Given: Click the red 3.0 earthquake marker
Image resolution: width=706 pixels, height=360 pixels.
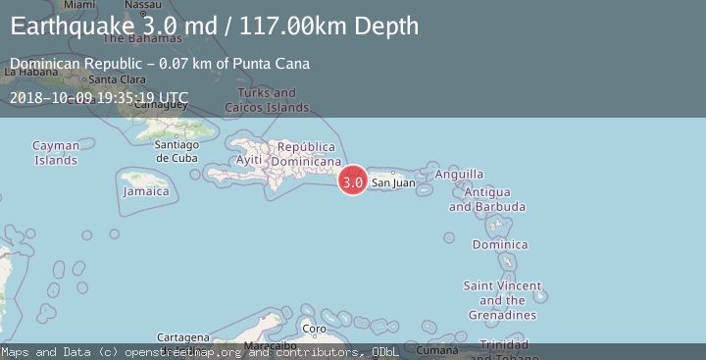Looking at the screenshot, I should click(x=353, y=181).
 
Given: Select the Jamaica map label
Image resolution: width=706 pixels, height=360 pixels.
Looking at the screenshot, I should click(x=145, y=191).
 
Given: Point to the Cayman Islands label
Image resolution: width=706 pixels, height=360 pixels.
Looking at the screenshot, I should click(x=56, y=152).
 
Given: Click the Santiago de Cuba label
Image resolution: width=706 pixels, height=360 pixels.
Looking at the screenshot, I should click(x=176, y=151).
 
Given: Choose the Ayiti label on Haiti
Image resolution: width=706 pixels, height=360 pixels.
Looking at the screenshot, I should click(x=250, y=160).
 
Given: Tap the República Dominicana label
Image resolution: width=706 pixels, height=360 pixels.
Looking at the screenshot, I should click(x=306, y=154).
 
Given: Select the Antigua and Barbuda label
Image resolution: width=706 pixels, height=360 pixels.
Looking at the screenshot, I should click(x=487, y=199).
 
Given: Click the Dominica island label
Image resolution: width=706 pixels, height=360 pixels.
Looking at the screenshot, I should click(x=500, y=244).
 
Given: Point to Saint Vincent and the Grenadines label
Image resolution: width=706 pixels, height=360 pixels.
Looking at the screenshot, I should click(x=502, y=300).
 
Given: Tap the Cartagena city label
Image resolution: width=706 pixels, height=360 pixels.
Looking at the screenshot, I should click(x=182, y=336).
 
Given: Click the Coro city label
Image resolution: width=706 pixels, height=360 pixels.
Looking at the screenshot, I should click(x=313, y=329).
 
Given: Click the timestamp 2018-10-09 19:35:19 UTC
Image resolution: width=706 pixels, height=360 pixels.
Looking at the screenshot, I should click(x=99, y=98).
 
